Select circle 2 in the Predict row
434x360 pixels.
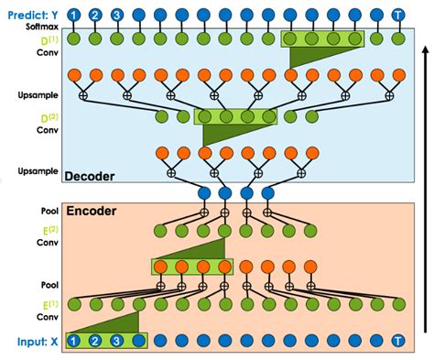(x=94, y=15)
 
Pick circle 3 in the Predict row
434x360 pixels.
(x=116, y=15)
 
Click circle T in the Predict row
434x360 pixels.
(x=396, y=15)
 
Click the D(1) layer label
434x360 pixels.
(x=40, y=40)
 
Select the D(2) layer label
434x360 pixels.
(x=40, y=116)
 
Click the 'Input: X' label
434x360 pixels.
(x=33, y=342)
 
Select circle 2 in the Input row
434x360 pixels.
(x=95, y=342)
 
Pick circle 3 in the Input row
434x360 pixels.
(x=116, y=342)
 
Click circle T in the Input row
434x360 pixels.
(x=396, y=342)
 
